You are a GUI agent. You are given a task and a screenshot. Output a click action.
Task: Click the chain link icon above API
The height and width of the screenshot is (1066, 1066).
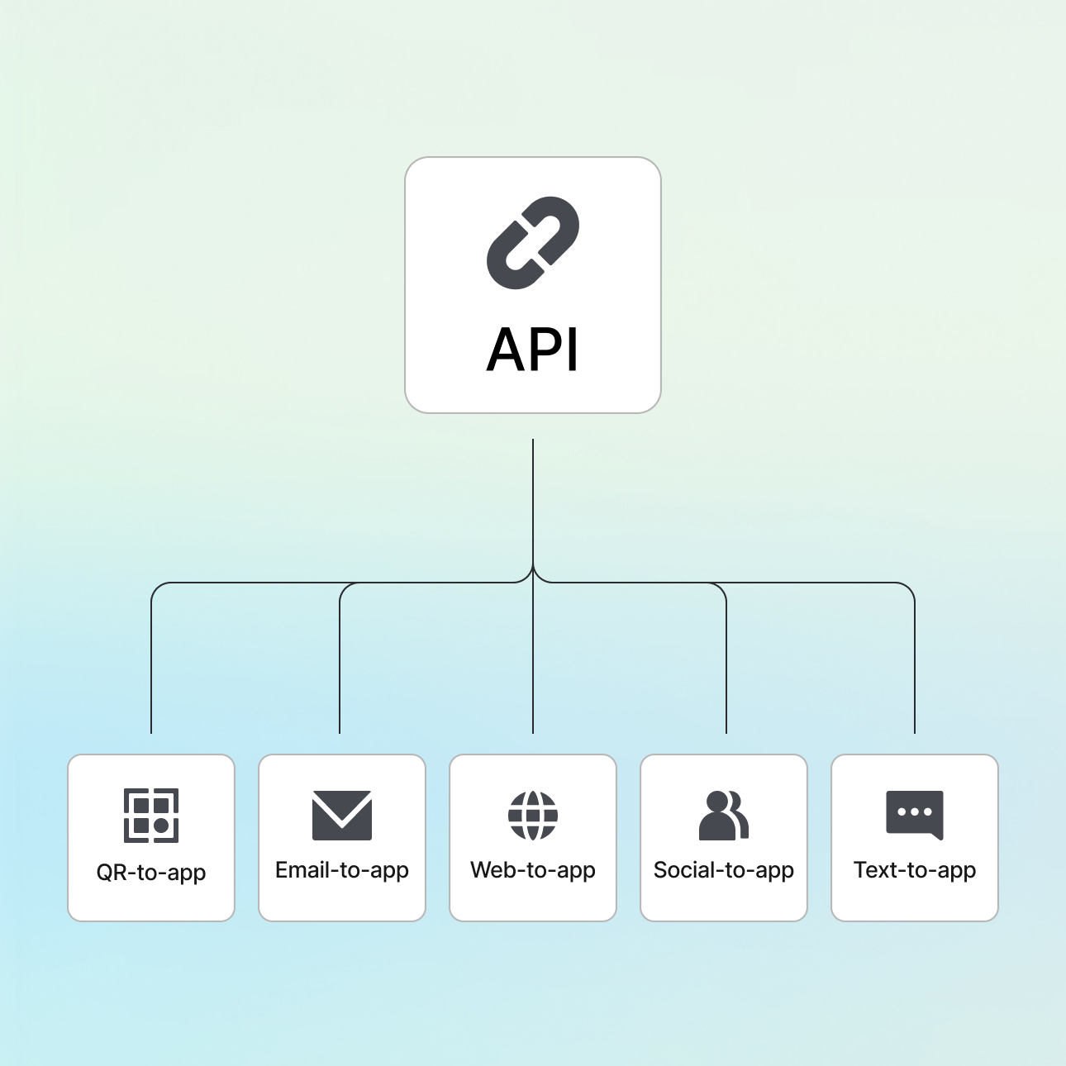click(533, 242)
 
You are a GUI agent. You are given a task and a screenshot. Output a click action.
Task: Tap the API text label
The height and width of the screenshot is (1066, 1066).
click(533, 350)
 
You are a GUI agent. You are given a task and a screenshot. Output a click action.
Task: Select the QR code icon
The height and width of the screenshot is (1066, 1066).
click(151, 816)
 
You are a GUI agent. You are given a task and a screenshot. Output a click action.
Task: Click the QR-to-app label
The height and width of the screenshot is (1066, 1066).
click(151, 873)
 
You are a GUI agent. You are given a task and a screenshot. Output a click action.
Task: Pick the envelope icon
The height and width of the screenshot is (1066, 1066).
click(342, 816)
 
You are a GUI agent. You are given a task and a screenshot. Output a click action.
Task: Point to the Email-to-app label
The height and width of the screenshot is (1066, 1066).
click(342, 870)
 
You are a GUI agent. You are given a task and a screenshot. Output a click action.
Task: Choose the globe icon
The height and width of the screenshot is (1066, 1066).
click(533, 815)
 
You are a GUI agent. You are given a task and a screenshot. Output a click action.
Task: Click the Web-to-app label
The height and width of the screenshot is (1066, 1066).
click(533, 870)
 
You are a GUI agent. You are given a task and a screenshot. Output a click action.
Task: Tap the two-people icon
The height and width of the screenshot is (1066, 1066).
click(724, 816)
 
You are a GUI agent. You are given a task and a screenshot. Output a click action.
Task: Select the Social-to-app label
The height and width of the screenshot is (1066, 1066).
click(724, 870)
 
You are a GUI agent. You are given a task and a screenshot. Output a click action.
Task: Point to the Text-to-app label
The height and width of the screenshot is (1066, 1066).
click(915, 870)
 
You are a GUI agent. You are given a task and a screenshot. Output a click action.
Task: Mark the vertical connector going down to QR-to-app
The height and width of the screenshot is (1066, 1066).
click(151, 661)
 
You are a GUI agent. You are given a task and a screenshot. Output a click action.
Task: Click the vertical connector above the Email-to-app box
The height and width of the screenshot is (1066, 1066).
click(340, 661)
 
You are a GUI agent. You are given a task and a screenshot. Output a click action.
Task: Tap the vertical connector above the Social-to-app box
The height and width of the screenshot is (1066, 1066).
click(726, 661)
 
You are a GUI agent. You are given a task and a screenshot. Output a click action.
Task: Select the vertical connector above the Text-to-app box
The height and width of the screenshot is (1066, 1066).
click(915, 661)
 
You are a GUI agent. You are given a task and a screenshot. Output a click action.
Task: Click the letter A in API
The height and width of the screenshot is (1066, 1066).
click(506, 350)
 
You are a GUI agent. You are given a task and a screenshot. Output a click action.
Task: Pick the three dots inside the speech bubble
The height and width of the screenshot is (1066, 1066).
click(914, 811)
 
